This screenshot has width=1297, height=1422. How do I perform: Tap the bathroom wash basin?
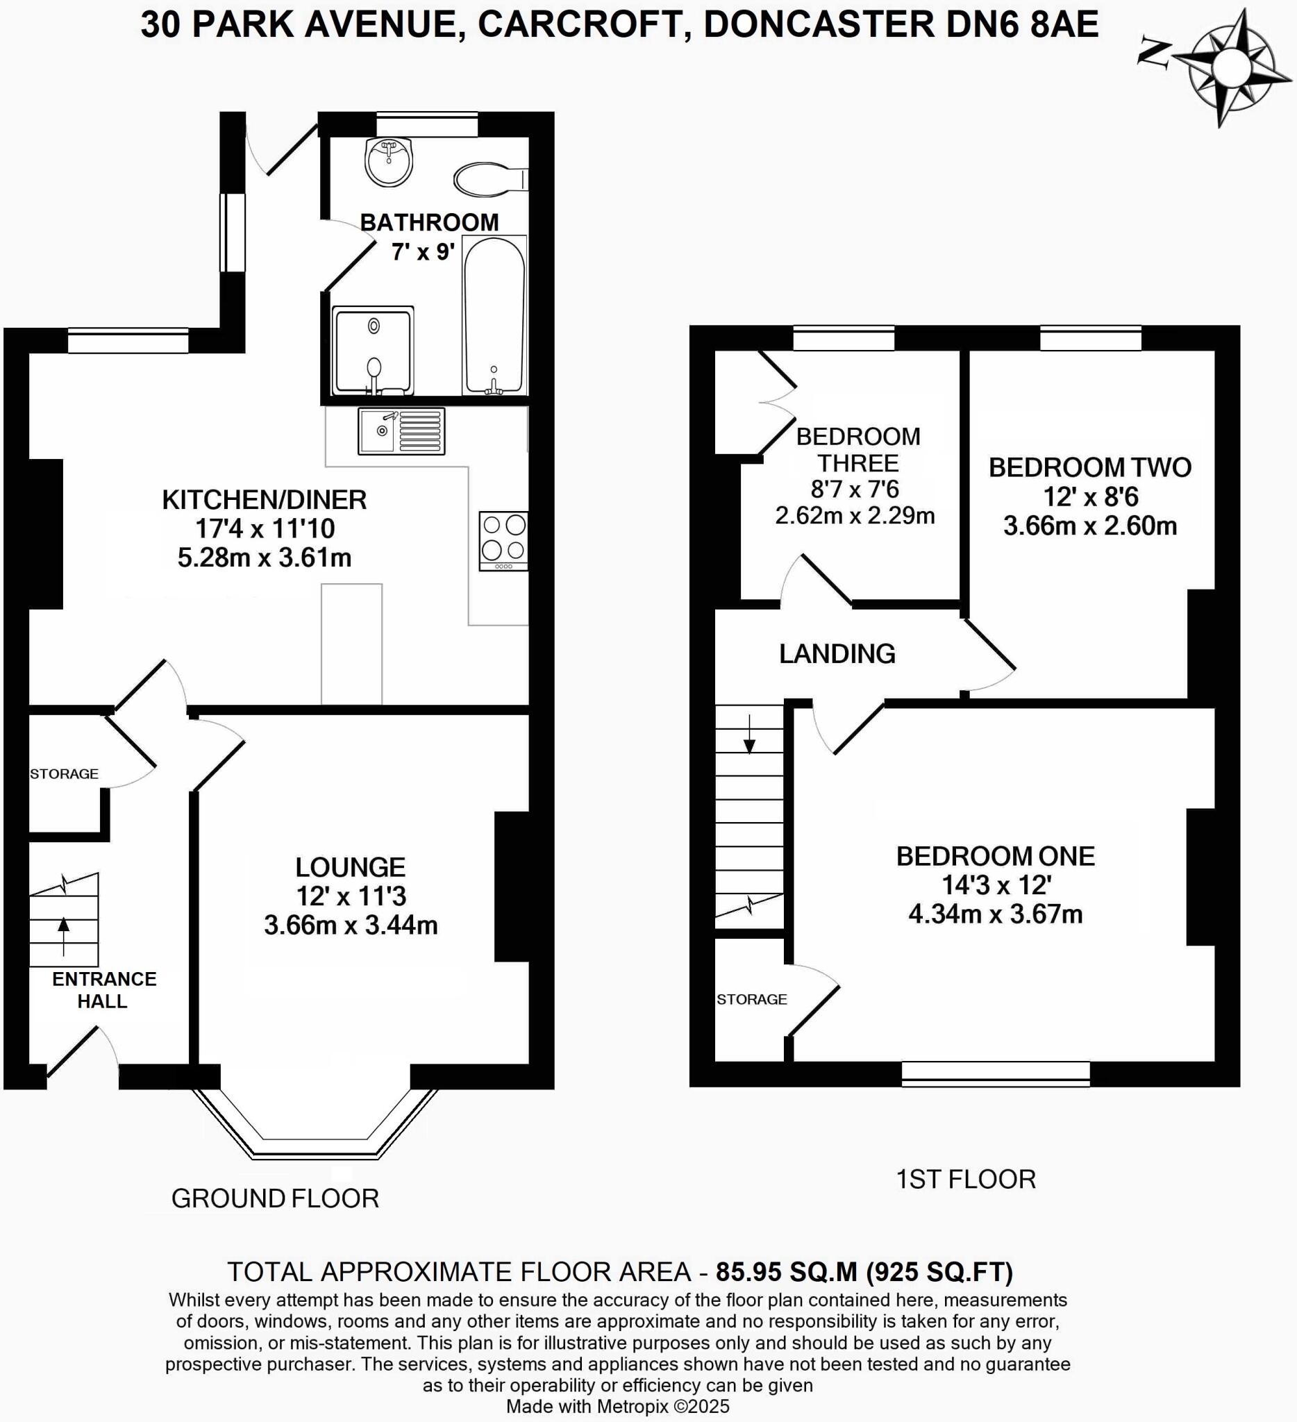[x=388, y=162]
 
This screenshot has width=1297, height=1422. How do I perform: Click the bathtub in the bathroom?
[x=494, y=315]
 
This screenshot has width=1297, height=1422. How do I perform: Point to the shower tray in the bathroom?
[x=372, y=350]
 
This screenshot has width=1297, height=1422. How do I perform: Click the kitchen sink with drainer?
[x=401, y=431]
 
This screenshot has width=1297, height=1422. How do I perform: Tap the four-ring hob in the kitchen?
[x=503, y=539]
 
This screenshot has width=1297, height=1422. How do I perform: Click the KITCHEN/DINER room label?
[x=264, y=499]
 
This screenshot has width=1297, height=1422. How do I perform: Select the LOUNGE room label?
[x=350, y=867]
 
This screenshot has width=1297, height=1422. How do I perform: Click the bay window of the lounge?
[x=315, y=1128]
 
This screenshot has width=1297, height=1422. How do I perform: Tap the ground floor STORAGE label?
[x=63, y=773]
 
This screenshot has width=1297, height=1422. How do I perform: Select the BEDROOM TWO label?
[x=1089, y=467]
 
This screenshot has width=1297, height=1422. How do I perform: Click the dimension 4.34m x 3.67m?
[x=995, y=914]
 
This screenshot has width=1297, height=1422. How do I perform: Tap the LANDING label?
[x=837, y=654]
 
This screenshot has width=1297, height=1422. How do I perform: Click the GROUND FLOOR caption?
[x=275, y=1198]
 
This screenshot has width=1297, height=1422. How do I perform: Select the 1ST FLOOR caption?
[x=965, y=1180]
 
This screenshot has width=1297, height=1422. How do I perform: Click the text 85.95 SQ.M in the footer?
[x=787, y=1272]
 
